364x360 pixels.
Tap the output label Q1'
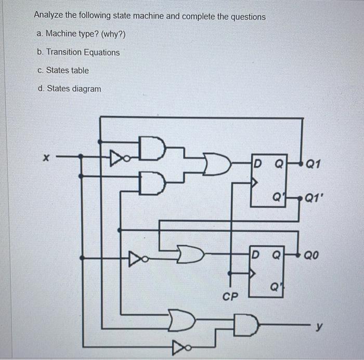315,198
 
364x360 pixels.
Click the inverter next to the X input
116,155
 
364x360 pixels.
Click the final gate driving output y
245,326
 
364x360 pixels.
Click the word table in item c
79,71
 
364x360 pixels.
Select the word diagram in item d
86,89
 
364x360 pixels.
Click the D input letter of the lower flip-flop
255,255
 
